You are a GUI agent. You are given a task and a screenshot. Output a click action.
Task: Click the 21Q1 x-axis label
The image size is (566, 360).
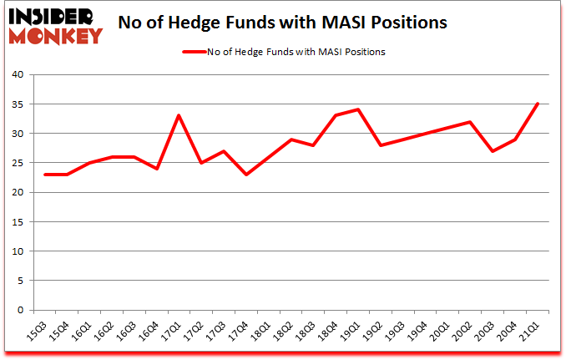(x=530, y=332)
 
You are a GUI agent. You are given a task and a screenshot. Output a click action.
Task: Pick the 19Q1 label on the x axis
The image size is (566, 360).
(x=351, y=332)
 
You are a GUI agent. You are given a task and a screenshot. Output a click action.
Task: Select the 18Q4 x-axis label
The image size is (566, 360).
(x=328, y=332)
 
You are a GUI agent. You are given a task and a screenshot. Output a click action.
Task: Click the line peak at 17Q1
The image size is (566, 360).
(x=179, y=115)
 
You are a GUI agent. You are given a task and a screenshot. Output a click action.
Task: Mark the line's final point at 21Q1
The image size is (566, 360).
(x=538, y=104)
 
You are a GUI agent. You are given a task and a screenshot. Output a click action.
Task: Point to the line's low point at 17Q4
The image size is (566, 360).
(x=246, y=174)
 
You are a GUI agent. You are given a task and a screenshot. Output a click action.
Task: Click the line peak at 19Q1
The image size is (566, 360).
(x=358, y=109)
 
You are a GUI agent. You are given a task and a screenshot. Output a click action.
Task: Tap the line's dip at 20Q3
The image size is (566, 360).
(x=493, y=150)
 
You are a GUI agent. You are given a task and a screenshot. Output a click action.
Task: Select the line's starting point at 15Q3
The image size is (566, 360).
(x=44, y=174)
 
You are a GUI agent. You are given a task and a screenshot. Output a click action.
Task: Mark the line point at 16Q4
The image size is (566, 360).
(x=156, y=168)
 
